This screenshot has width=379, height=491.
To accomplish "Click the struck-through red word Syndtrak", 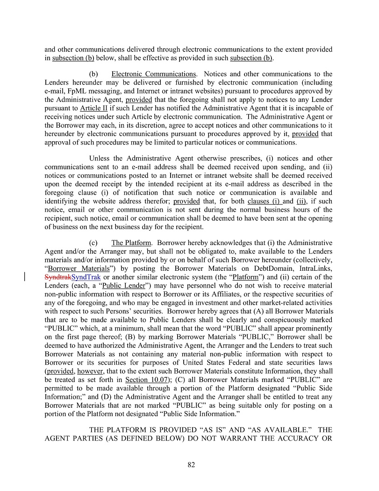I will click(x=57, y=277).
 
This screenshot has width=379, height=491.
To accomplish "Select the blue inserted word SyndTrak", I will click(x=86, y=277).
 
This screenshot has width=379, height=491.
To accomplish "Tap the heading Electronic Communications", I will click(x=153, y=74).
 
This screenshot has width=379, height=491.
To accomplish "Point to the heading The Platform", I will click(x=131, y=243).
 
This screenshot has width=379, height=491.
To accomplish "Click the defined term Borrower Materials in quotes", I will click(x=77, y=268).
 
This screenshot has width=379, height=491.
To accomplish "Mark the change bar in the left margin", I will click(x=25, y=277).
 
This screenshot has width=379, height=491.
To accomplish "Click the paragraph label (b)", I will click(x=93, y=74).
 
